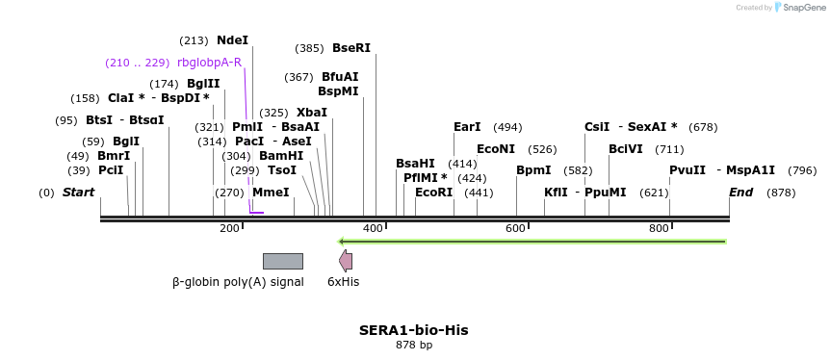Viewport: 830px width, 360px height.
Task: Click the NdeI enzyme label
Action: (x=232, y=40)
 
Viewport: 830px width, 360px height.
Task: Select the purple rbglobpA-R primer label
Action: (x=209, y=63)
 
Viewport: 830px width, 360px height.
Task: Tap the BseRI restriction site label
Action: (x=350, y=48)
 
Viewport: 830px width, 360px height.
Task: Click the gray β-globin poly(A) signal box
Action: (x=282, y=261)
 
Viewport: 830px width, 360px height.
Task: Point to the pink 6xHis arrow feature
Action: (x=346, y=261)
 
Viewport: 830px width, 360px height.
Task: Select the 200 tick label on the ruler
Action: (x=229, y=228)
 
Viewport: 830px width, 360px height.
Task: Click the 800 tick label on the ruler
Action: (x=659, y=228)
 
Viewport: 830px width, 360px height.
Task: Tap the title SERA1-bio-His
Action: (x=414, y=330)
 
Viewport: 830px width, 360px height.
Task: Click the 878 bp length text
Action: (x=414, y=345)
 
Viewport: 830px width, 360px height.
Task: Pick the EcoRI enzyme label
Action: (x=433, y=193)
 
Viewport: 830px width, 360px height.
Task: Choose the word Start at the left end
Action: (x=78, y=193)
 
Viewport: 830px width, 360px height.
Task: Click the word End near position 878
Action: (x=740, y=193)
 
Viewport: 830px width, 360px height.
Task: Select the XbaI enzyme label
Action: (x=312, y=113)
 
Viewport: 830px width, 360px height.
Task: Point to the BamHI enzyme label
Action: (x=281, y=156)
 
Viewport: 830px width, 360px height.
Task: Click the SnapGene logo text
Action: (x=803, y=8)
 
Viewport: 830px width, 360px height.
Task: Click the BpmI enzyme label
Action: (x=533, y=170)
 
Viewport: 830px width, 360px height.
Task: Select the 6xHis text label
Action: (x=343, y=282)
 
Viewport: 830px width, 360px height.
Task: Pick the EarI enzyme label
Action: (x=467, y=127)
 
